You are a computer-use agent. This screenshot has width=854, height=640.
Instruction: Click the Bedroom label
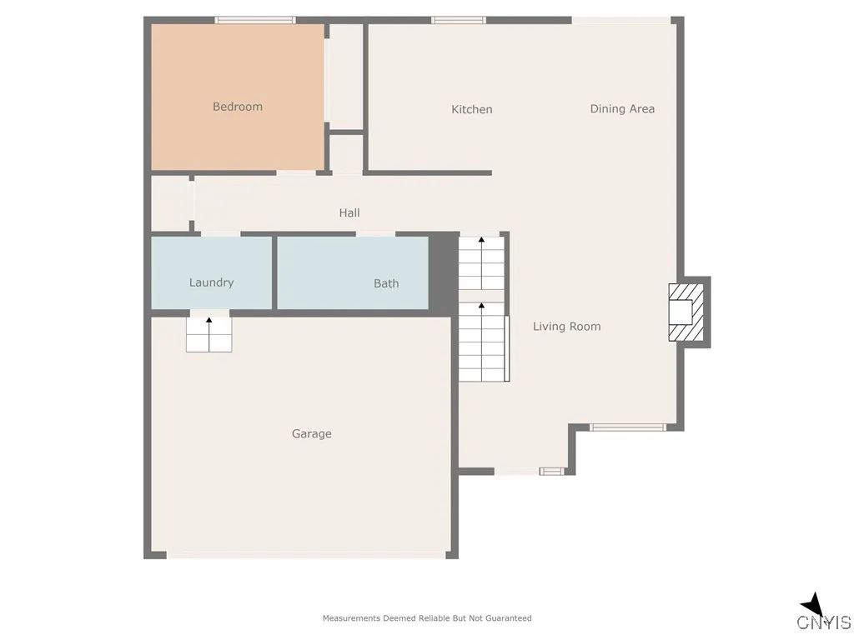tap(238, 107)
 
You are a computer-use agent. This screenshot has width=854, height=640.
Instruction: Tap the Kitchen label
tap(472, 109)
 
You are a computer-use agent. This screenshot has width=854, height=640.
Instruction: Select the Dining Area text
tap(622, 108)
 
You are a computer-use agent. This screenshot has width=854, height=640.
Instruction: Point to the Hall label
tap(349, 213)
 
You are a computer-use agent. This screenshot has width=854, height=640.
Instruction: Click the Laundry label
tap(211, 282)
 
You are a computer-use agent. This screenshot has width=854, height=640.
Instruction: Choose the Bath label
tap(386, 283)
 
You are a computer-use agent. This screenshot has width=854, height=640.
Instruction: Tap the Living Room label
tap(567, 327)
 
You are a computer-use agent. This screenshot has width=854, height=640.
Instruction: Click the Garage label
tap(312, 433)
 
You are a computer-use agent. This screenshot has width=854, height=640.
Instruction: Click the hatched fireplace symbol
tap(686, 312)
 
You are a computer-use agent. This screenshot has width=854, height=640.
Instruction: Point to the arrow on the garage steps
tap(208, 320)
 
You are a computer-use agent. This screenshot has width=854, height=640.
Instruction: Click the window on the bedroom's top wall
tap(255, 20)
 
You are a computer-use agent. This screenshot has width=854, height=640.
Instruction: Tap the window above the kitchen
tap(459, 20)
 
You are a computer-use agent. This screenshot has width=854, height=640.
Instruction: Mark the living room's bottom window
tap(628, 427)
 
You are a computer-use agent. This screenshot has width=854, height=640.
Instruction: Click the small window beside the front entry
tap(551, 472)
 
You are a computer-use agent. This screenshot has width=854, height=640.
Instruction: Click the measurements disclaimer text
tap(427, 618)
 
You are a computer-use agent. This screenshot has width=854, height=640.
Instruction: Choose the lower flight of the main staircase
tap(482, 342)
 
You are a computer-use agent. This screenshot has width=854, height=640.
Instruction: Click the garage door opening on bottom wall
tap(307, 554)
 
